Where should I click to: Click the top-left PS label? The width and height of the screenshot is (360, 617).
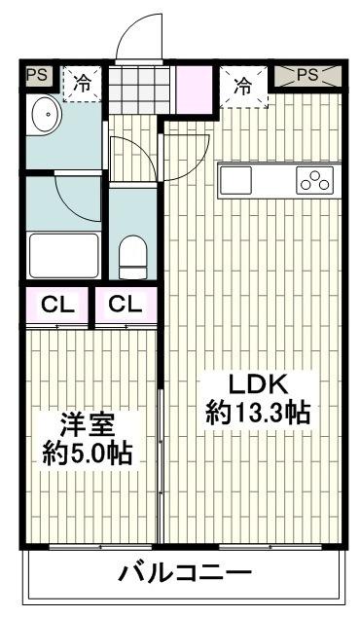[37, 73]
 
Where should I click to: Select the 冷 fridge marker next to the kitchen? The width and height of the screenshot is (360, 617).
[240, 85]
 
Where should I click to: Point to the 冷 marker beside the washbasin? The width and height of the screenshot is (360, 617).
[84, 85]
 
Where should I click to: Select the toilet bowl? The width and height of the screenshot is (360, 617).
[131, 257]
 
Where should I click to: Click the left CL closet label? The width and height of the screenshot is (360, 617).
[55, 304]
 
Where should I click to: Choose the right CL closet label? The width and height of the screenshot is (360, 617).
[124, 304]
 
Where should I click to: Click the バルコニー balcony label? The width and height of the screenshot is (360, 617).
[184, 572]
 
